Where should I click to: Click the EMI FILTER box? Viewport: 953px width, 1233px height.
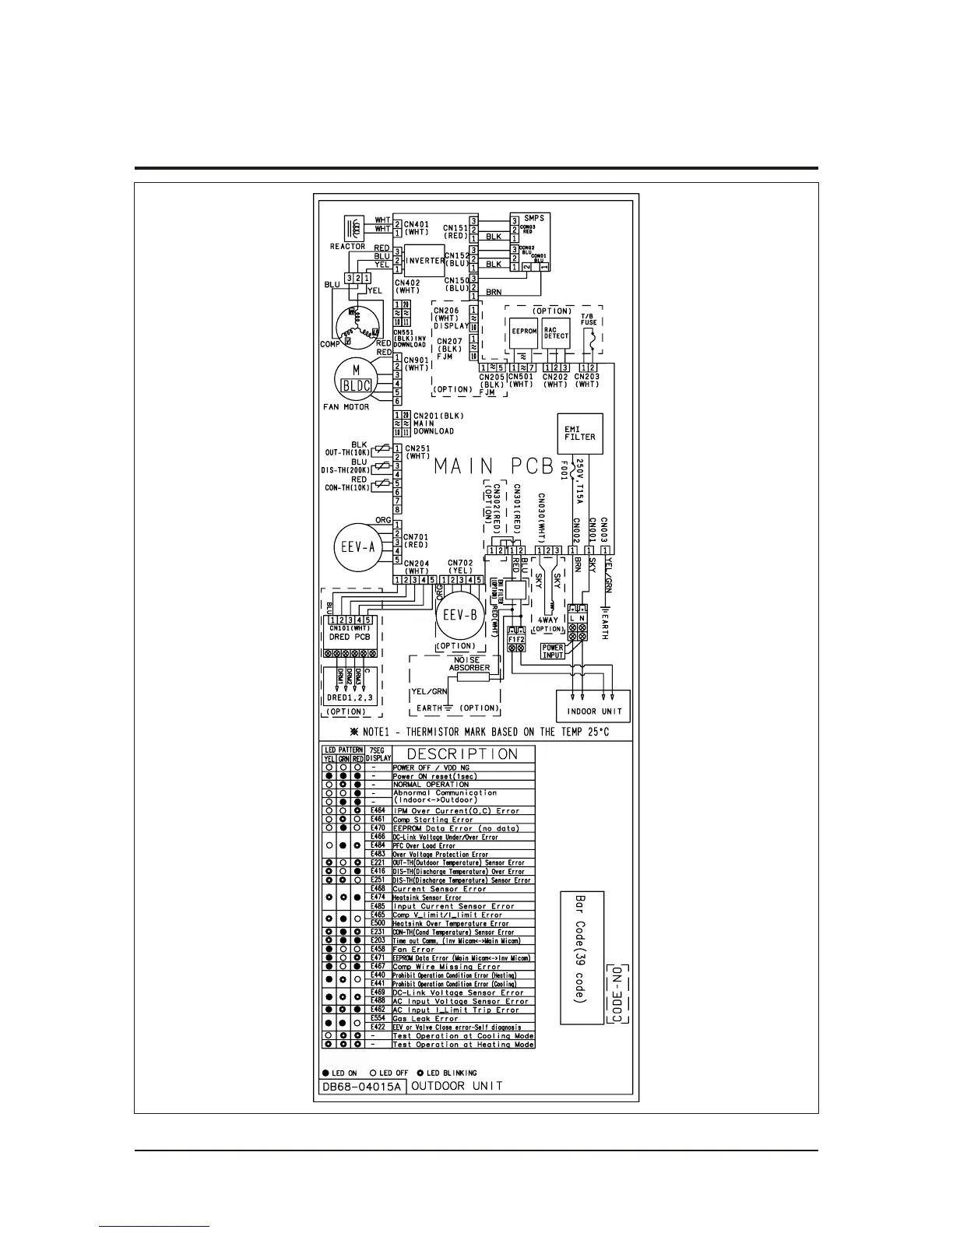point(580,434)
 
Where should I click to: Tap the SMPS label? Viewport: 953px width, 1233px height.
point(534,218)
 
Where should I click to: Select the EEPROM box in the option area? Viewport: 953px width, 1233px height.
point(524,332)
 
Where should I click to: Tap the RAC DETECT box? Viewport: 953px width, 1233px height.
point(556,332)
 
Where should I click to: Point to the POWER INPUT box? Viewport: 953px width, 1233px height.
point(552,651)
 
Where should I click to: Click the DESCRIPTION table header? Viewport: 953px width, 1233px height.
point(463,754)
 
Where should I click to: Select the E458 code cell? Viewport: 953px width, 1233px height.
point(378,950)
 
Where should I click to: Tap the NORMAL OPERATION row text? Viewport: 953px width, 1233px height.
point(431,785)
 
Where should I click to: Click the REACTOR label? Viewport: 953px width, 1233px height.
point(347,247)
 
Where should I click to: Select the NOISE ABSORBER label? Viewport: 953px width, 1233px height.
point(469,663)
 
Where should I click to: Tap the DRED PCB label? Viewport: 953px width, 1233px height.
point(350,637)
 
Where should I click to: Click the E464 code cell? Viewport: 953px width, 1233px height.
point(378,811)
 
